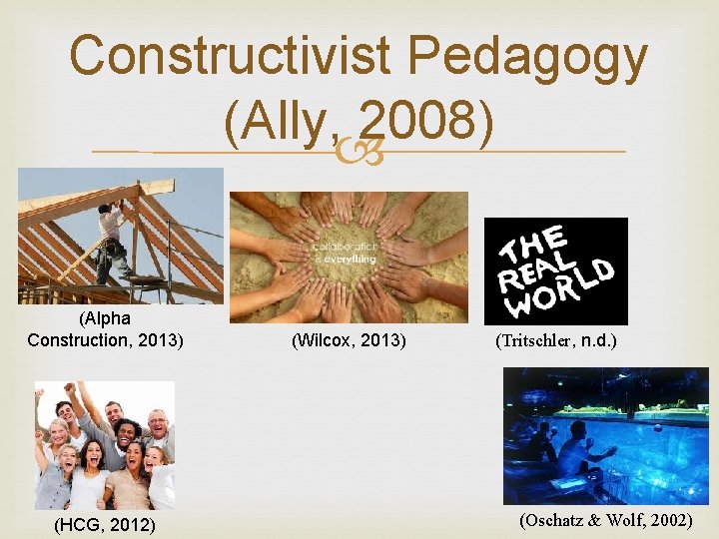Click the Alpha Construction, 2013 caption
[105, 329]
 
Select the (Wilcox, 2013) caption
[349, 341]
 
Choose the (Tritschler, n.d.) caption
[556, 340]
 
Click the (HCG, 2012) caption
[106, 523]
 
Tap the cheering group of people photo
[105, 446]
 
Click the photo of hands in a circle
[349, 257]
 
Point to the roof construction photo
[121, 236]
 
